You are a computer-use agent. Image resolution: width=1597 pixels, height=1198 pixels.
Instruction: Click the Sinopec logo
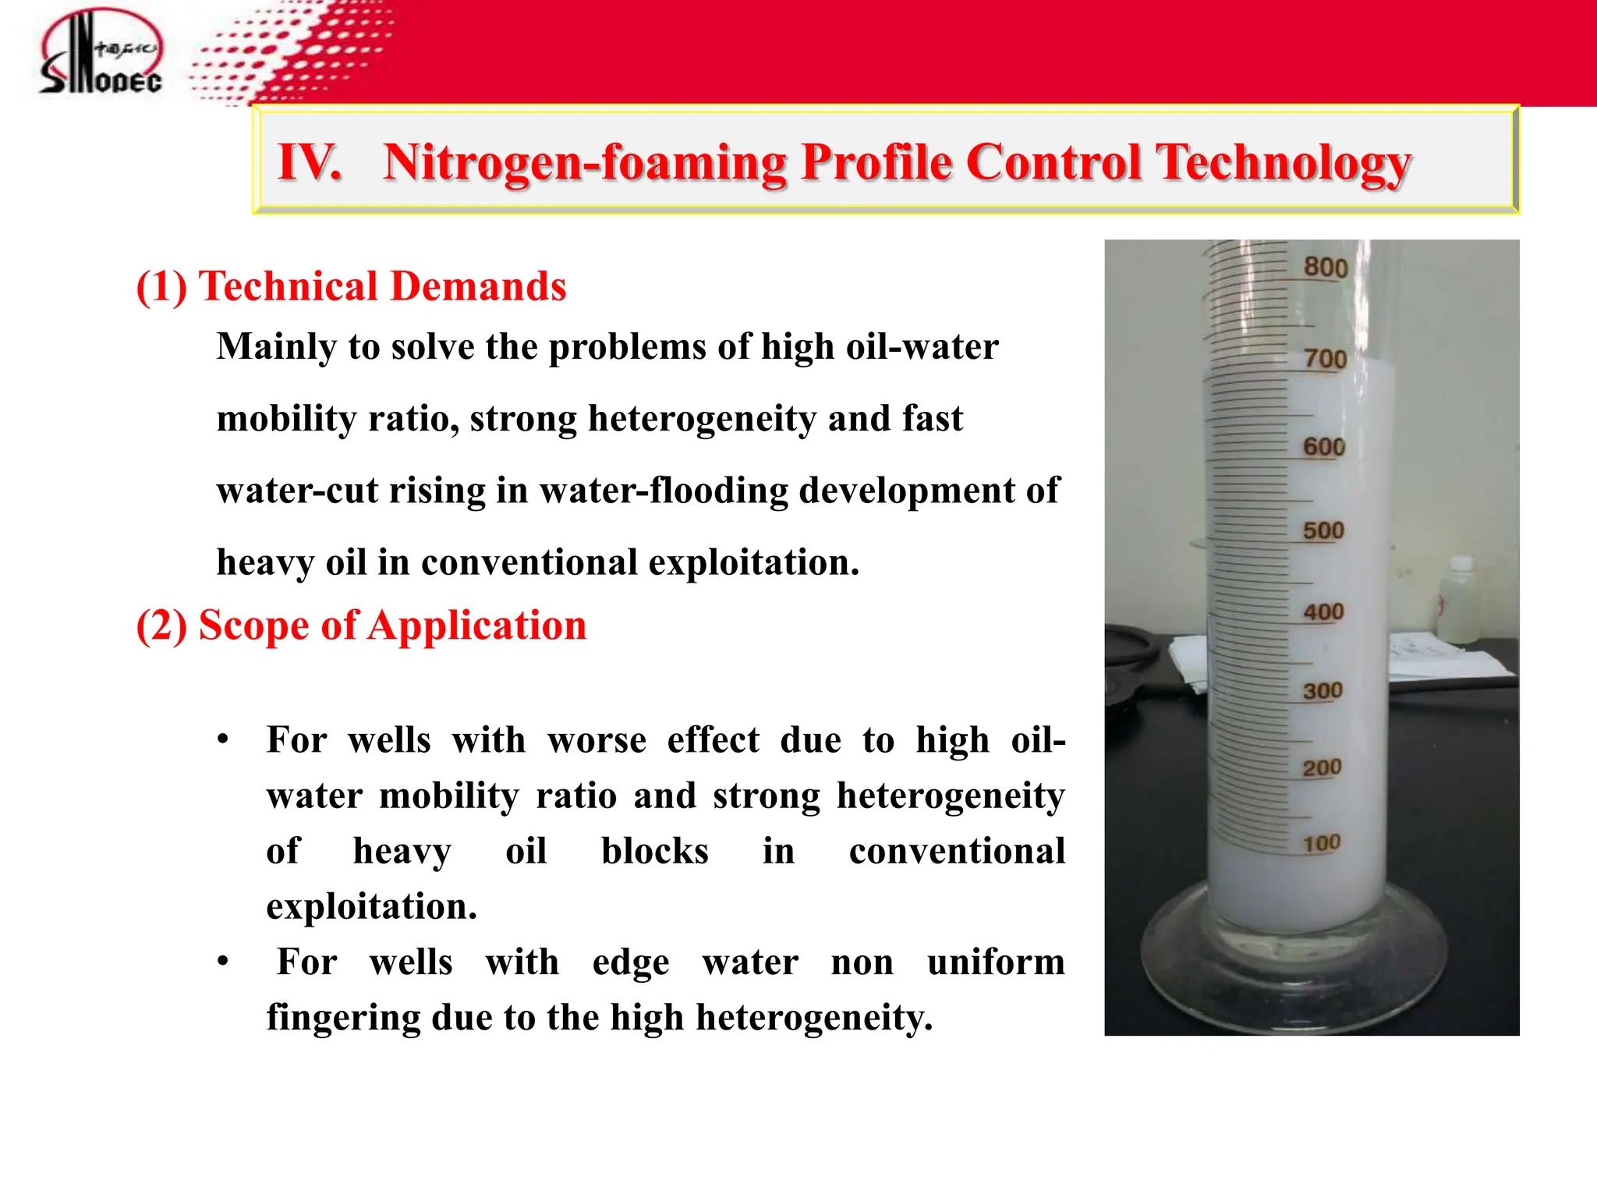click(101, 53)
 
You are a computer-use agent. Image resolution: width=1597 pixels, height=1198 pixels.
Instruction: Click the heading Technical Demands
click(382, 285)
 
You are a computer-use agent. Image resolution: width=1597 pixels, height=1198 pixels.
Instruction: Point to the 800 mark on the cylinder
click(1326, 268)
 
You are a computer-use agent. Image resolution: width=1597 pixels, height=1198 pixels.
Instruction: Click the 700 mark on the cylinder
click(1326, 359)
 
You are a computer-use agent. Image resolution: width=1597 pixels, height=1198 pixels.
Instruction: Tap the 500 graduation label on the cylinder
click(1323, 530)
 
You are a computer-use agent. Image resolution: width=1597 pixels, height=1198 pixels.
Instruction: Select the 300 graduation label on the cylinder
click(1323, 690)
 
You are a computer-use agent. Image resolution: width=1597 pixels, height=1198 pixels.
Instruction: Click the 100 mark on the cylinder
click(1321, 843)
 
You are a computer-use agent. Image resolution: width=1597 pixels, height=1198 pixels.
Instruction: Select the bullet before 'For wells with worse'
click(223, 739)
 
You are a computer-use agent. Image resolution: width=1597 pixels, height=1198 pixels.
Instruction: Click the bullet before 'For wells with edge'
click(223, 962)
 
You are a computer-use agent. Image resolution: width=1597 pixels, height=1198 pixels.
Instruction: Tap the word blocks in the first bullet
click(654, 851)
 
